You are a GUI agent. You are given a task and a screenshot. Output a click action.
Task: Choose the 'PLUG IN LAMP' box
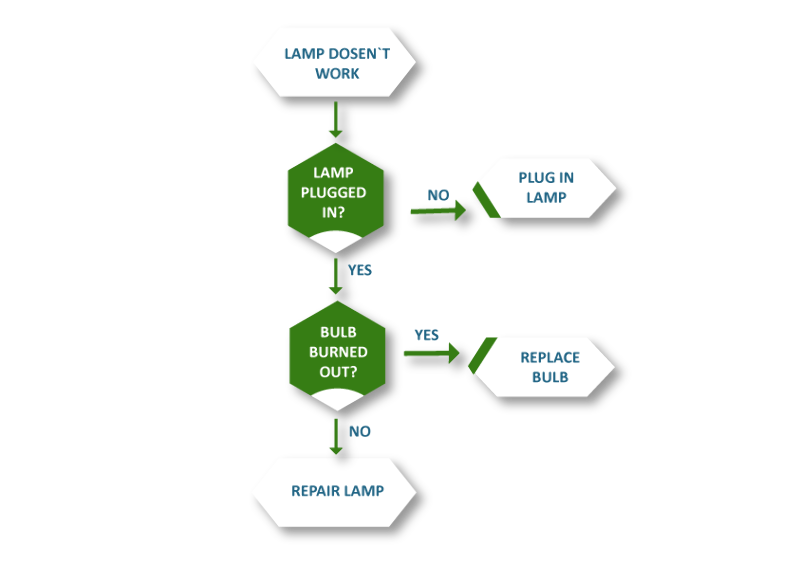546,188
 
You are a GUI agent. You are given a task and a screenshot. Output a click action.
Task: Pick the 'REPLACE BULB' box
546,367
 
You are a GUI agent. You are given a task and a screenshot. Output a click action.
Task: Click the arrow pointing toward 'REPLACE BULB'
431,353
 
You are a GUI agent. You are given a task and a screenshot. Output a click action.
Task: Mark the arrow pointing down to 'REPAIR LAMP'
335,436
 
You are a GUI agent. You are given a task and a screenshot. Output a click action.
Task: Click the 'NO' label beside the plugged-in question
438,195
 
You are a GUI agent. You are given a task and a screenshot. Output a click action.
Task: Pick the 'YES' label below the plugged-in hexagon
359,269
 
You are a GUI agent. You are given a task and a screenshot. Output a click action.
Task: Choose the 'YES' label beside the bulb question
426,335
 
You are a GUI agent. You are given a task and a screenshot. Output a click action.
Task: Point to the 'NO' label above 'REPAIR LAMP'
359,431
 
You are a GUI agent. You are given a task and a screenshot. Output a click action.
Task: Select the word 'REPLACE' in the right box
549,358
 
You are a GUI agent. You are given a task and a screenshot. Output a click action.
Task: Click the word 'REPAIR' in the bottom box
314,491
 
